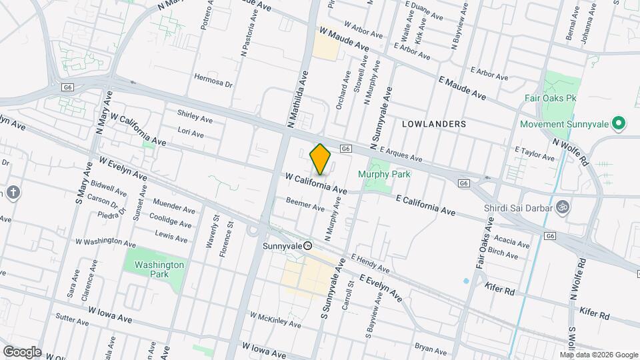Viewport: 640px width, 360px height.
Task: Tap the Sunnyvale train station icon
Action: click(x=308, y=245)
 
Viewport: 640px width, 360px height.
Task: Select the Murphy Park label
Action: click(x=384, y=174)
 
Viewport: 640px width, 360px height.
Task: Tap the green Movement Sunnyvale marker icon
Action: click(x=618, y=124)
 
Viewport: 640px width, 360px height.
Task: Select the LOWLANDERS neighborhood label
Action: click(x=434, y=124)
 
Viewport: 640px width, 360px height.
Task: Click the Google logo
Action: click(x=21, y=351)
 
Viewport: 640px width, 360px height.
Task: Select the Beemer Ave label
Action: click(x=305, y=204)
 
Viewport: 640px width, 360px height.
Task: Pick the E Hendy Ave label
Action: click(x=368, y=263)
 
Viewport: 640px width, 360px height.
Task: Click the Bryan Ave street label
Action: click(x=430, y=349)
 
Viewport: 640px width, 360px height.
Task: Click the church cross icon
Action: click(x=14, y=193)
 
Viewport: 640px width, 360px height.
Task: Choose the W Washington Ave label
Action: click(x=105, y=242)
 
